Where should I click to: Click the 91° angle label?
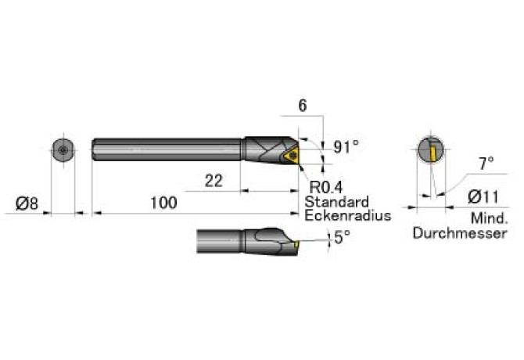pos(345,146)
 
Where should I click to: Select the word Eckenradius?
pos(347,215)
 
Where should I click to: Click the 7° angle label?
pos(486,164)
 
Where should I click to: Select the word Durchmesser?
pos(459,233)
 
